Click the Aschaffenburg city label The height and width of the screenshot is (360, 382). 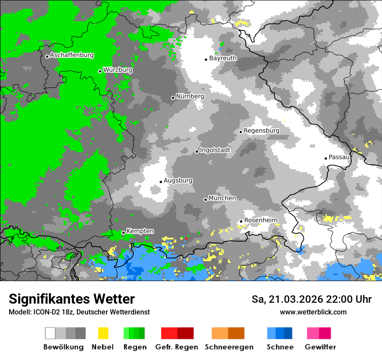click(x=72, y=55)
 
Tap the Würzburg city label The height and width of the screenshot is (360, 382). click(x=118, y=70)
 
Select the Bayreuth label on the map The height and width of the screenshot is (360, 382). click(x=223, y=58)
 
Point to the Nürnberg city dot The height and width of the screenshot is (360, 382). click(x=173, y=98)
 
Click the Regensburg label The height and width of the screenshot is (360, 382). click(x=261, y=131)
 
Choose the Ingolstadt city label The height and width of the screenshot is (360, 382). click(x=215, y=150)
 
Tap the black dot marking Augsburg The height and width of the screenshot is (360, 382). click(x=161, y=182)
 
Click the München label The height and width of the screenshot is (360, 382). click(x=222, y=198)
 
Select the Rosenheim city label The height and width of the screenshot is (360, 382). click(x=260, y=220)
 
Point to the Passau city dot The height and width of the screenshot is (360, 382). click(x=326, y=158)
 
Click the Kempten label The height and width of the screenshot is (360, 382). click(x=140, y=231)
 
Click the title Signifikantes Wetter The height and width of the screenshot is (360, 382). click(x=72, y=299)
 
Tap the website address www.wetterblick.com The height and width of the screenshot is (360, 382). click(x=313, y=312)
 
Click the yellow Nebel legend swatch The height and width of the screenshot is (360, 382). click(x=103, y=333)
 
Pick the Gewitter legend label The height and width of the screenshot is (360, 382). click(x=320, y=347)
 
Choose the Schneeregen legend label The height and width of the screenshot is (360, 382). click(x=229, y=347)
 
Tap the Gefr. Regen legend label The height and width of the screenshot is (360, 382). click(x=177, y=347)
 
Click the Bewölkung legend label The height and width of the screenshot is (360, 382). click(x=63, y=347)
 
